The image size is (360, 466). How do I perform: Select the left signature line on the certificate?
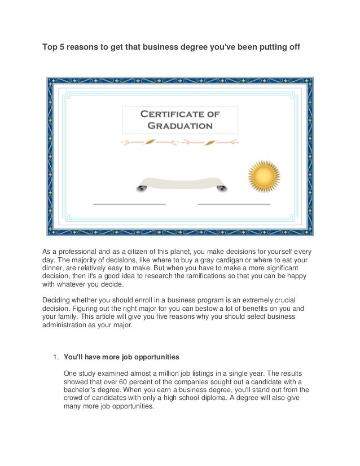[129, 203]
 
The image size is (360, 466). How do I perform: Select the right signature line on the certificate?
[234, 203]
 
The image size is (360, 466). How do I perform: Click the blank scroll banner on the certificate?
[181, 183]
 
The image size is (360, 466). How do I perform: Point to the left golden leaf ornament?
[150, 142]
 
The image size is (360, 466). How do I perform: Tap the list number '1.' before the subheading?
[55, 357]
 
